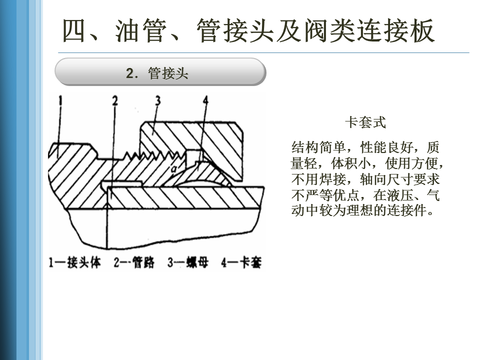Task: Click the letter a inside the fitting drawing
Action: [x=173, y=170]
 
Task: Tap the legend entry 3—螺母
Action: [x=187, y=262]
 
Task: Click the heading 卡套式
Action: [x=365, y=122]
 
